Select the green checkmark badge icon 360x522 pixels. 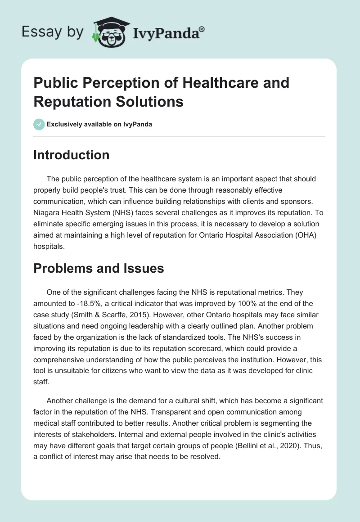[x=39, y=124]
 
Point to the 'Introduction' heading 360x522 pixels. [x=72, y=155]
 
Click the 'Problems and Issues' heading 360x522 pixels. [x=99, y=268]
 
